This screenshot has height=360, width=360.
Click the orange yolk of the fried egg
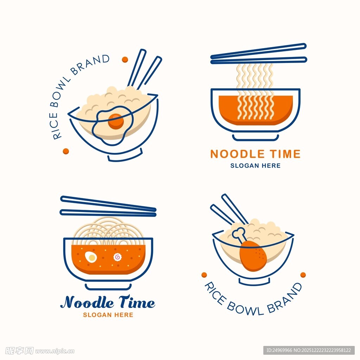(x=116, y=121)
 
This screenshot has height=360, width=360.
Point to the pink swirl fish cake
(x=117, y=257)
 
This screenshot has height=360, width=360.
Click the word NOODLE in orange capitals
(x=237, y=154)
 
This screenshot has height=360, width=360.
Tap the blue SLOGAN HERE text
(x=255, y=166)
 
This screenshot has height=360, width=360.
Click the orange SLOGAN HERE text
(x=108, y=315)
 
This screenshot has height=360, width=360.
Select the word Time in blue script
(x=137, y=302)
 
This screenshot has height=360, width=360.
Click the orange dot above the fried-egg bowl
(x=125, y=59)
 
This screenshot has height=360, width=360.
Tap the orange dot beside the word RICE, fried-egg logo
(x=66, y=151)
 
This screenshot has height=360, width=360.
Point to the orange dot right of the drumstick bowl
(x=303, y=275)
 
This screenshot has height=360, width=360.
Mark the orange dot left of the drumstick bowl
(x=204, y=275)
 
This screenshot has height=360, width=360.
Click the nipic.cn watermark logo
(x=40, y=351)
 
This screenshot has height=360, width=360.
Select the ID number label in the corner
(x=309, y=351)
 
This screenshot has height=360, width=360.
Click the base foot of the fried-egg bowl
(x=126, y=156)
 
